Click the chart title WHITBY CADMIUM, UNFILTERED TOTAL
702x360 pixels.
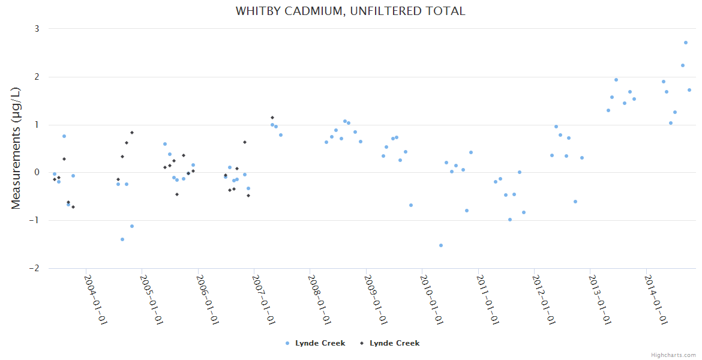[350, 11]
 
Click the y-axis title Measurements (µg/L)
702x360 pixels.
[16, 148]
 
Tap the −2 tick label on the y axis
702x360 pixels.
[34, 268]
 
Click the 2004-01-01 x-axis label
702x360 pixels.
[95, 299]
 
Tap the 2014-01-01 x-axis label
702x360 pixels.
[656, 299]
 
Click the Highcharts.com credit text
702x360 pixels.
[673, 355]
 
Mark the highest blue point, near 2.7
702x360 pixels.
[686, 43]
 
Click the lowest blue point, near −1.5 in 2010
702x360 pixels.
[441, 245]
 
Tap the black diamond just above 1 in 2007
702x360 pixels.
[272, 118]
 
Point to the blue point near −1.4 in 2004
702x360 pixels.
[122, 239]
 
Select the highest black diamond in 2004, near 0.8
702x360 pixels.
[132, 133]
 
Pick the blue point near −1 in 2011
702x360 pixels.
[510, 220]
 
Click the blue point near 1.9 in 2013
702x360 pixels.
[616, 80]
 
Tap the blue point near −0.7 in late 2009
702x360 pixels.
[411, 205]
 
